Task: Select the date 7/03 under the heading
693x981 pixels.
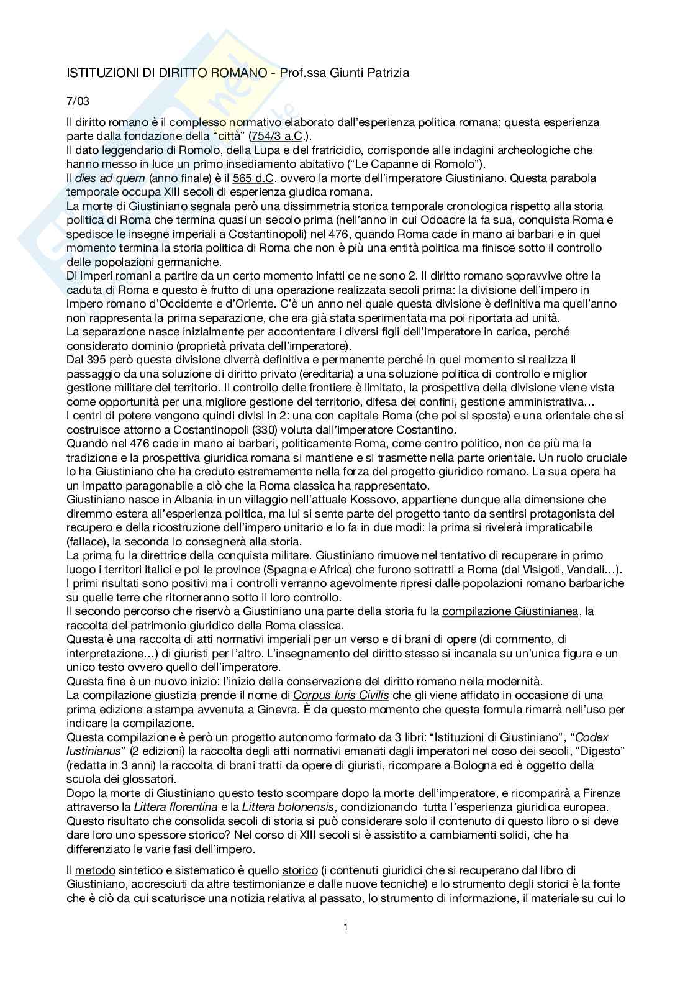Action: pyautogui.click(x=78, y=101)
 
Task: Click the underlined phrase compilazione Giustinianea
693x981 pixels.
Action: pyautogui.click(x=510, y=611)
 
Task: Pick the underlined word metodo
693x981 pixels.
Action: pyautogui.click(x=91, y=870)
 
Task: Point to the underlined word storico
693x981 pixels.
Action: pyautogui.click(x=300, y=870)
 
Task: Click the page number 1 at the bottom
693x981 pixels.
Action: pyautogui.click(x=346, y=928)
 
